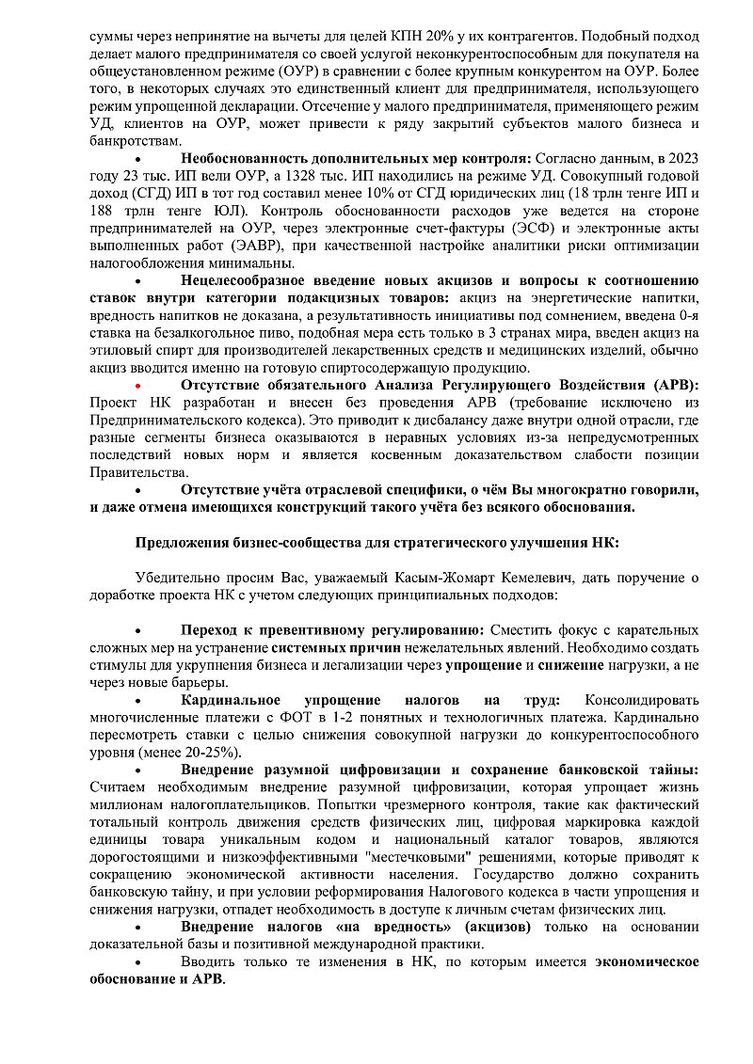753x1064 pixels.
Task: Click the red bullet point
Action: [137, 387]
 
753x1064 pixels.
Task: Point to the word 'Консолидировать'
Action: [642, 701]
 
